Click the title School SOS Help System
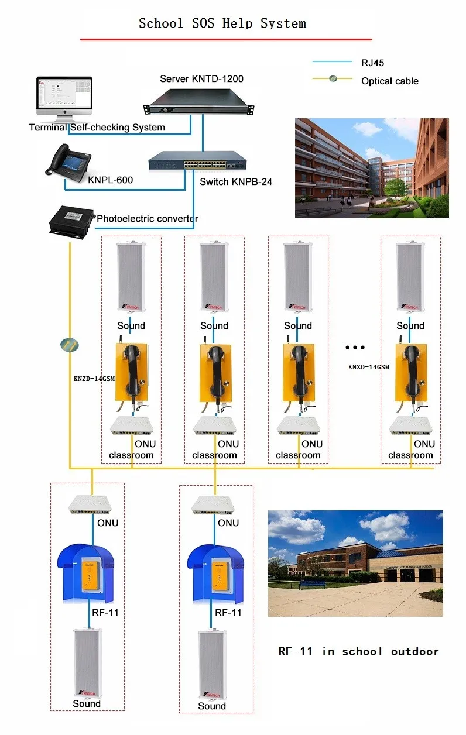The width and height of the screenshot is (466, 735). click(222, 23)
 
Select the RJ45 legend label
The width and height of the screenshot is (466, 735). click(372, 62)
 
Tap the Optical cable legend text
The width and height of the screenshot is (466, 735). click(389, 81)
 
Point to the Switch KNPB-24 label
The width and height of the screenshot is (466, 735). click(235, 181)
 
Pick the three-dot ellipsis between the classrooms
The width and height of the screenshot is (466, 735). click(355, 347)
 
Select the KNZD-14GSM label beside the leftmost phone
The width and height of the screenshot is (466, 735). click(94, 379)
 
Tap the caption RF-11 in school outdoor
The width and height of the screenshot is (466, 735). click(358, 651)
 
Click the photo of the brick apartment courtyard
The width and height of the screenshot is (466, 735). click(371, 168)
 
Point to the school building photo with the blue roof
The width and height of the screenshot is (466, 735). click(355, 563)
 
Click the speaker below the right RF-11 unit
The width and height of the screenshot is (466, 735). click(212, 665)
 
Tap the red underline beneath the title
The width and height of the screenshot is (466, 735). click(226, 39)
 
